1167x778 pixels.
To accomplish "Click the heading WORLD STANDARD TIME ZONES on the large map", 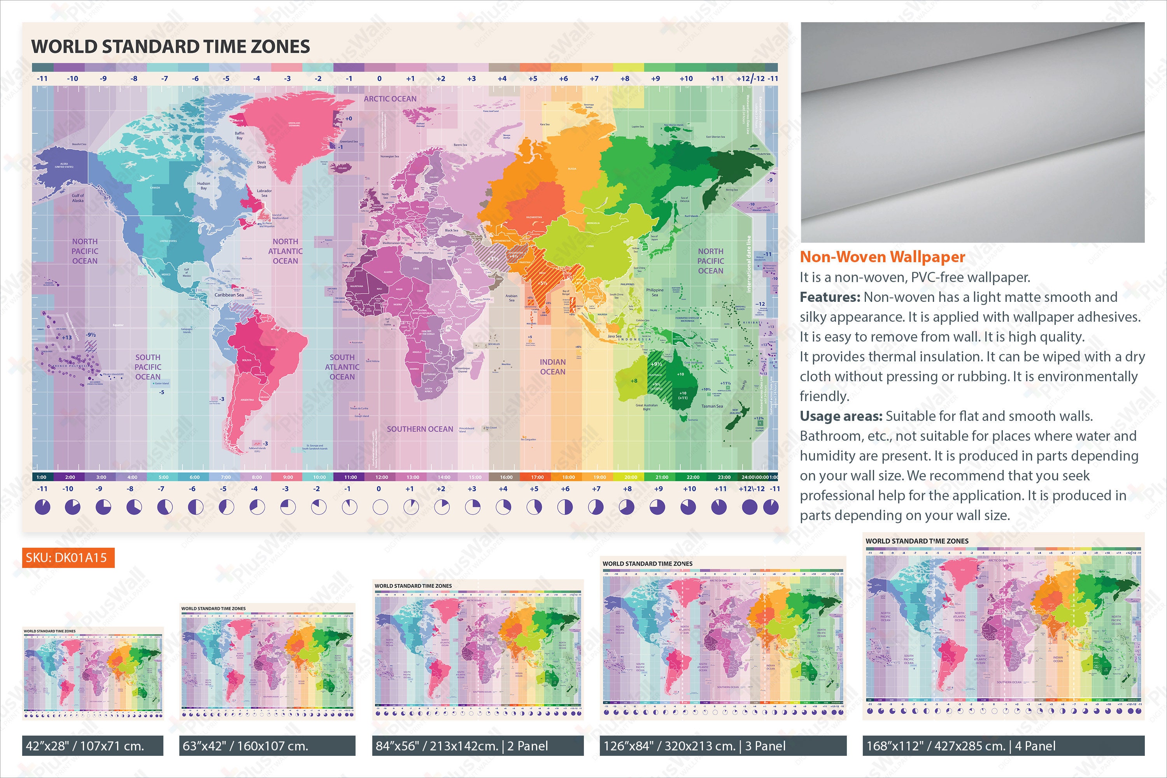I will coord(170,47).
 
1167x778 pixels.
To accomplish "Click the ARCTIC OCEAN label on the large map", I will coord(390,99).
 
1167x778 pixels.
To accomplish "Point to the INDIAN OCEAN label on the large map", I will coord(552,367).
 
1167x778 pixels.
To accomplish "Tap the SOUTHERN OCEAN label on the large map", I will coord(420,429).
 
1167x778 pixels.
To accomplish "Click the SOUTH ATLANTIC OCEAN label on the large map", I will coord(342,367).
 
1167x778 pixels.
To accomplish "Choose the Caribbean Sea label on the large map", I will coord(229,295).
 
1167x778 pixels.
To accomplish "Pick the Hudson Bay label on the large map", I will coord(203,186).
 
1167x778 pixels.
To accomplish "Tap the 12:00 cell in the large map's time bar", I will coord(382,477).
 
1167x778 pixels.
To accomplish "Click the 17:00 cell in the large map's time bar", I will coord(537,477).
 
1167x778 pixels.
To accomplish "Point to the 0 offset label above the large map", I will coord(380,79).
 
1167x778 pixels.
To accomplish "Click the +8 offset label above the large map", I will coord(625,79).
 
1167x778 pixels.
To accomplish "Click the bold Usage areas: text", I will coord(841,416).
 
